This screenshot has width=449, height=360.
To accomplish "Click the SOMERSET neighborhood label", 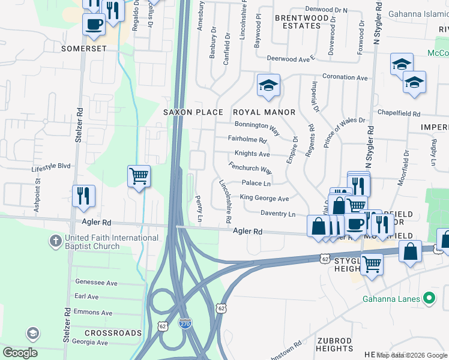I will [79, 47].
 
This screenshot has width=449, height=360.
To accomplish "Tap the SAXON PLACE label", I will [193, 112].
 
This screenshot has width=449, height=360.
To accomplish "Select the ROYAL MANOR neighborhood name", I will [264, 112].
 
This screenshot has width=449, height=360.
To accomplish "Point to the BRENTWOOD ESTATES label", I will [298, 22].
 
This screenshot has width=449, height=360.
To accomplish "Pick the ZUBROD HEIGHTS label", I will [334, 344].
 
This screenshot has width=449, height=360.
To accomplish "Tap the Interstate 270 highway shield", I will [185, 323].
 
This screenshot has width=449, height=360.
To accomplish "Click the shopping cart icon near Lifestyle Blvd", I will [139, 176].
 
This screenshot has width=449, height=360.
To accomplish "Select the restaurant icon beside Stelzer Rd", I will [83, 196].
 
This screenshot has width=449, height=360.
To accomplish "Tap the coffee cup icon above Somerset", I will [94, 25].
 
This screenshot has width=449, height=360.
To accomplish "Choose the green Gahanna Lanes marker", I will [429, 298].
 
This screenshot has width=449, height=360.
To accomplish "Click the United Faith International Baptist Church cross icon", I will [54, 242].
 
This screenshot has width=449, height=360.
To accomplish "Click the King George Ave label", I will [264, 198].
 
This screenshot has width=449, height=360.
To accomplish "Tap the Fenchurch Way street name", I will [250, 167].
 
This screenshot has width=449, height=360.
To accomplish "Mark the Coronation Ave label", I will [345, 77].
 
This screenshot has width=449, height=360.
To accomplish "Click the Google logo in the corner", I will [20, 353].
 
